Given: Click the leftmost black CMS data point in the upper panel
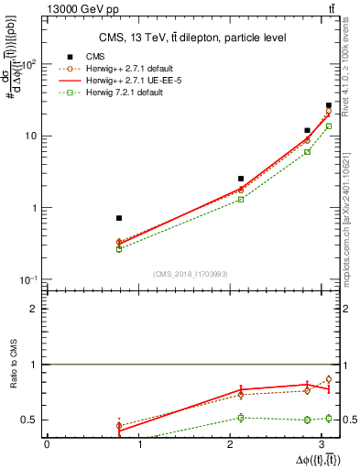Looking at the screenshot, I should tap(119, 218).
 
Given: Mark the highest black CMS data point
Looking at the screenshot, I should tap(329, 106).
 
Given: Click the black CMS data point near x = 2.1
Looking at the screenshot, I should tap(241, 179).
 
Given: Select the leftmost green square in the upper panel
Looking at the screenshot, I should tap(119, 248).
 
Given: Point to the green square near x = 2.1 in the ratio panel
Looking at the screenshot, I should tap(241, 418).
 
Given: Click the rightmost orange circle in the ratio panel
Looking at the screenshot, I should tap(329, 379).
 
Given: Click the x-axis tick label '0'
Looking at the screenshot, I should tap(47, 444).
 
